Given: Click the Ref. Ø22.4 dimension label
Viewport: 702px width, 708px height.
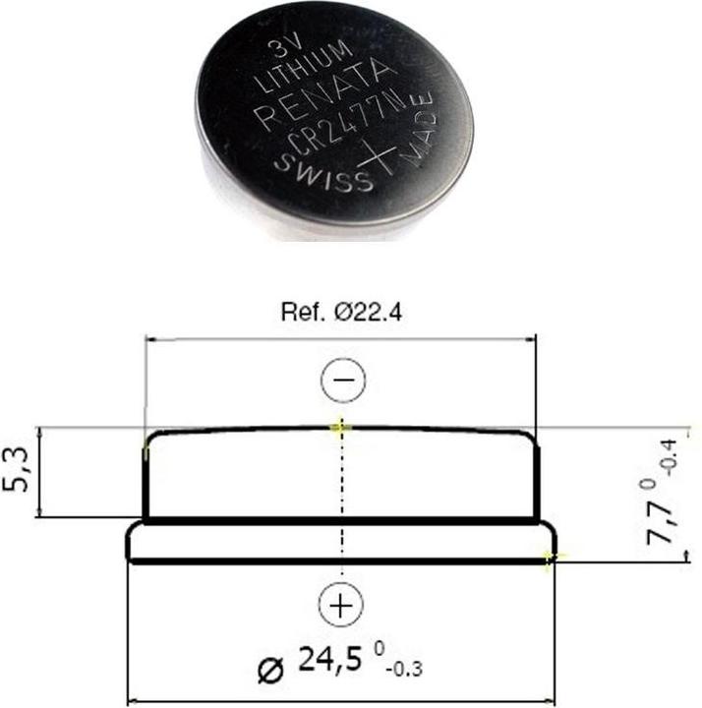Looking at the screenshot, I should coord(340,315).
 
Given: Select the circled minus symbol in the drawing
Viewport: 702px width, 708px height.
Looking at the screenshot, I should coord(341,380).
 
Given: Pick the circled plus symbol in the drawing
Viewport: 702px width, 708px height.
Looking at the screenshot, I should coord(341,604).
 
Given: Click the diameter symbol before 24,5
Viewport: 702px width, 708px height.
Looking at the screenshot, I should coord(268,672).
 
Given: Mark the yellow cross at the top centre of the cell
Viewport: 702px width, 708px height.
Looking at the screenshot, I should coord(340,428).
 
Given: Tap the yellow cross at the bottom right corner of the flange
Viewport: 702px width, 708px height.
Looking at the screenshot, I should coord(550,560).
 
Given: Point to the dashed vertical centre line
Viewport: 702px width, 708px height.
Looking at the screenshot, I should coord(341,492).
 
